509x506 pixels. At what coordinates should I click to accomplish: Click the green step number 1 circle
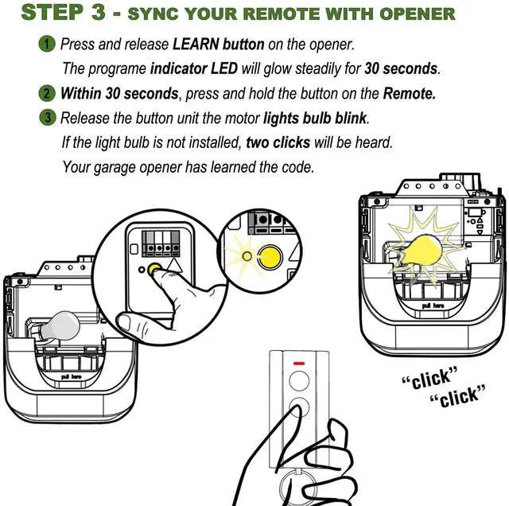49,43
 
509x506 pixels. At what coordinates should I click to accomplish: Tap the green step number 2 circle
49,92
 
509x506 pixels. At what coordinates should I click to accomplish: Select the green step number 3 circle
49,118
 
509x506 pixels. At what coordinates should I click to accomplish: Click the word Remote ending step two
409,93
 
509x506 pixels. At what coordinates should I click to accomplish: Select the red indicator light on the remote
300,368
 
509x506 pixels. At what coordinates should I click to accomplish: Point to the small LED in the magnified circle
247,256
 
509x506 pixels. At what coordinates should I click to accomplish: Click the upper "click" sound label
430,379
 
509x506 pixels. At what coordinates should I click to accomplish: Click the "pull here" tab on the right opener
433,306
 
